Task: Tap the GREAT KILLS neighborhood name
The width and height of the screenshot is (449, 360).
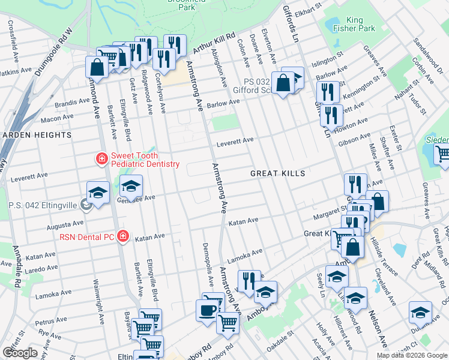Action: point(278,173)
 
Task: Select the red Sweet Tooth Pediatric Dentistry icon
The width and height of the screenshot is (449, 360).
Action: point(102,159)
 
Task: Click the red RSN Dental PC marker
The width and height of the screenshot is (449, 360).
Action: point(123,236)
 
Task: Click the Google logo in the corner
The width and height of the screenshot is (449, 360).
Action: point(20,353)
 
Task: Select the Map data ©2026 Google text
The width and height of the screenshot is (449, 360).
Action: point(411,355)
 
